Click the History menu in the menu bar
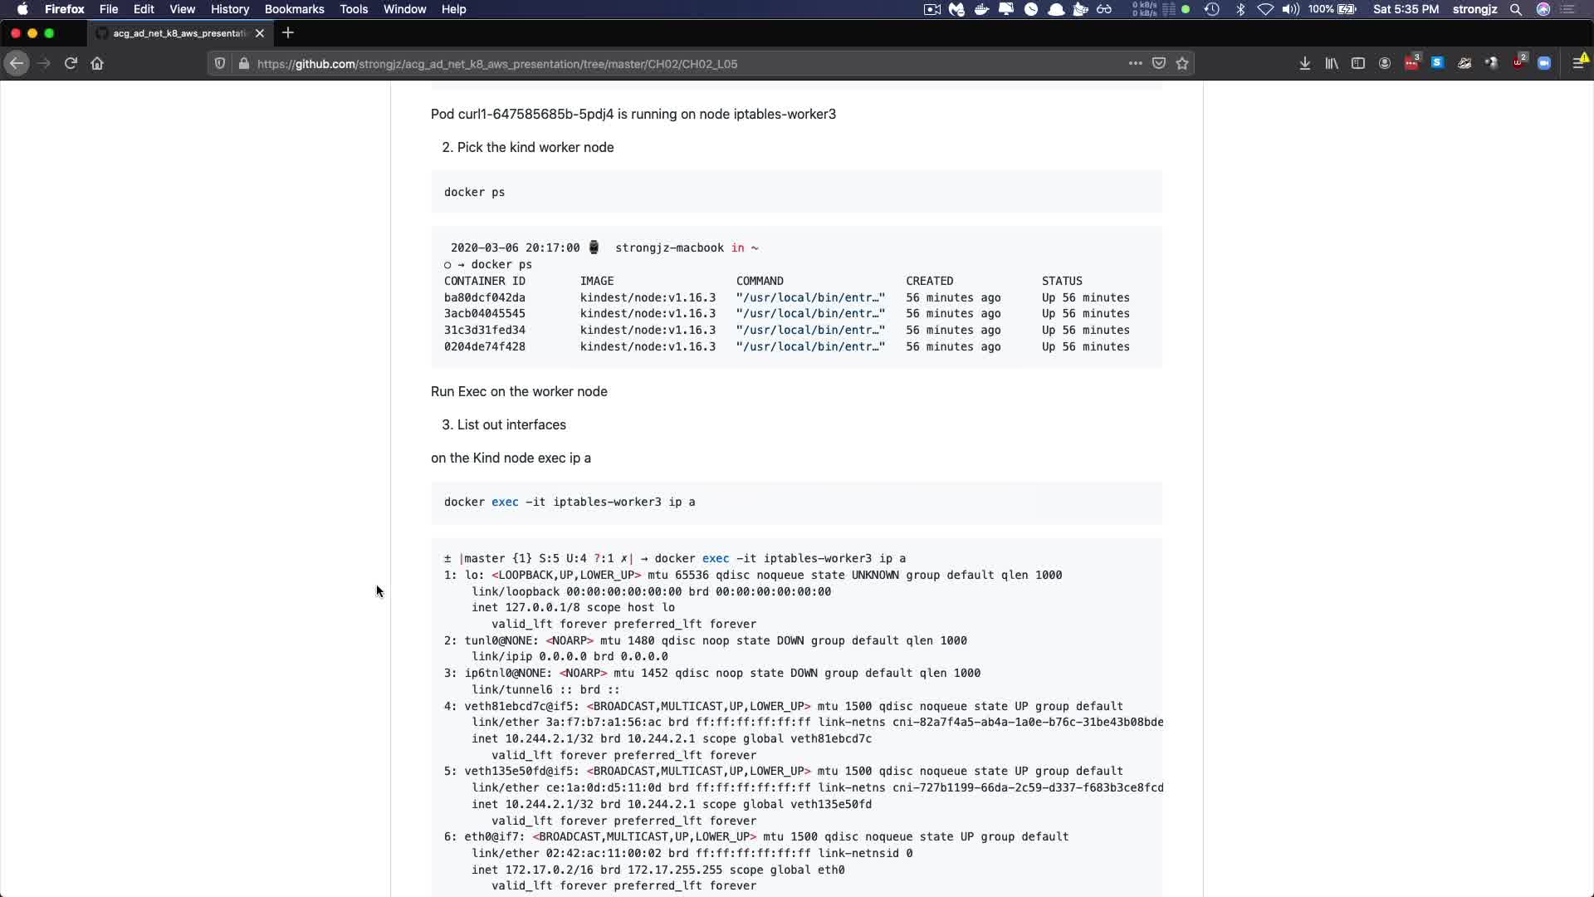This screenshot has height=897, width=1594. click(230, 9)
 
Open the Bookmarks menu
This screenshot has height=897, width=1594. click(294, 9)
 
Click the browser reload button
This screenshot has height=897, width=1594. click(71, 63)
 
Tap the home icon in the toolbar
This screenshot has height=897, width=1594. click(97, 63)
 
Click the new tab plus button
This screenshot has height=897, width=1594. click(288, 33)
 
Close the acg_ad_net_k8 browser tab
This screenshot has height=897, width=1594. click(260, 33)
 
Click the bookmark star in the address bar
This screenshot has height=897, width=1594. click(1182, 63)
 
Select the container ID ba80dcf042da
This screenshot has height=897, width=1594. click(484, 297)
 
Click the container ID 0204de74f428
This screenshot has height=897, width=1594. click(484, 346)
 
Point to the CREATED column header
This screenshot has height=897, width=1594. click(929, 281)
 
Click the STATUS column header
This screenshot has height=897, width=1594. click(1062, 281)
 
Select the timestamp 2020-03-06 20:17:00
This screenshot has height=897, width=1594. click(515, 248)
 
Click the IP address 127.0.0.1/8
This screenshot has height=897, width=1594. click(542, 607)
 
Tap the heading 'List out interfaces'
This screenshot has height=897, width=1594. click(511, 424)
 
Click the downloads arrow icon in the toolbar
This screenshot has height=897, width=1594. click(1304, 63)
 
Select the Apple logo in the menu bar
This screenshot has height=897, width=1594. click(22, 9)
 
